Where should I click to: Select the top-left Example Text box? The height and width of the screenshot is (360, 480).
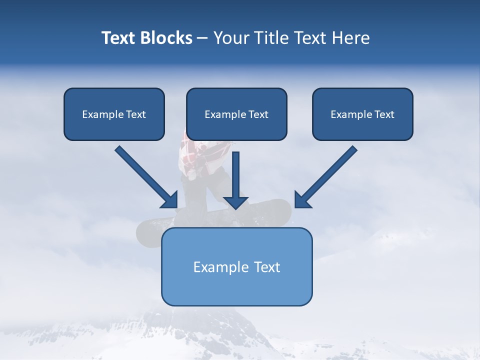(x=114, y=114)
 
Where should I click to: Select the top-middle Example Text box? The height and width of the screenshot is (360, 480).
(x=236, y=114)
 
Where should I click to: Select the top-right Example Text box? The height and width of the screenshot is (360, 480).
(x=362, y=114)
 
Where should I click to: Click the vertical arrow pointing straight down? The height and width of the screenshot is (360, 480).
(x=235, y=175)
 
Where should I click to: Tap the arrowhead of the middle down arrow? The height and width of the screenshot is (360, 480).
(x=235, y=202)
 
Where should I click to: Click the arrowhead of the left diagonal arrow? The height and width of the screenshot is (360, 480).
(x=170, y=200)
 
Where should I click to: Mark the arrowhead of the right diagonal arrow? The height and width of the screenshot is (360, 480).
(x=302, y=200)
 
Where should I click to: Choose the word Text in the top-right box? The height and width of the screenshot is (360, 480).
(x=384, y=114)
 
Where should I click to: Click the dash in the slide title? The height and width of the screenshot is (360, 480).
(x=202, y=38)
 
